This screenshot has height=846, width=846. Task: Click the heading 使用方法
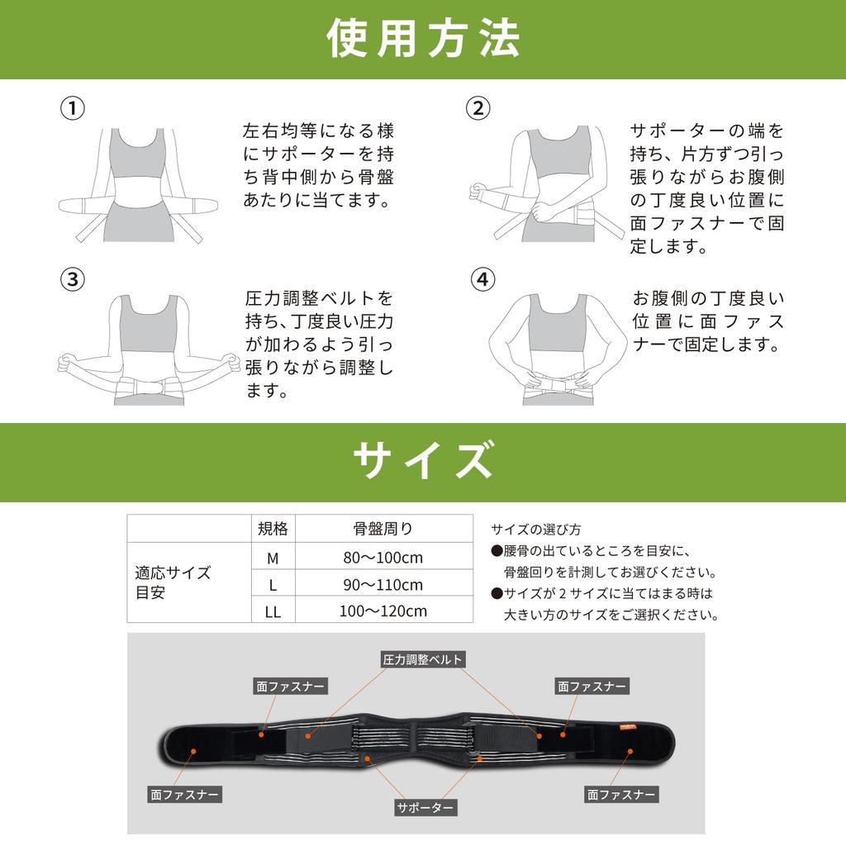point(423,39)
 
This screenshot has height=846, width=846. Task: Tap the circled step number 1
point(73,108)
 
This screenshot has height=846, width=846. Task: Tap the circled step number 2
point(478,108)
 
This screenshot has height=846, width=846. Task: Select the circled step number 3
point(73,279)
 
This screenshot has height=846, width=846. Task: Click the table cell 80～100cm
point(383,558)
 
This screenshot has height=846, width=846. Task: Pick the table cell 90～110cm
point(383,585)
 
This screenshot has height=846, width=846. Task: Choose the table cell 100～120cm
point(383,611)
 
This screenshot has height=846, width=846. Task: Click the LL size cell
point(273,612)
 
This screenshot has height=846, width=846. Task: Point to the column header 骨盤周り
point(383,529)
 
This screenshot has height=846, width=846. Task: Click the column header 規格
point(273,529)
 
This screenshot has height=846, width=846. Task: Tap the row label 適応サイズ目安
point(173,582)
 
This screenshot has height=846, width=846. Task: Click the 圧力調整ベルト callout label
point(422,659)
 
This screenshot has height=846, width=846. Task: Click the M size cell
point(273,558)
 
